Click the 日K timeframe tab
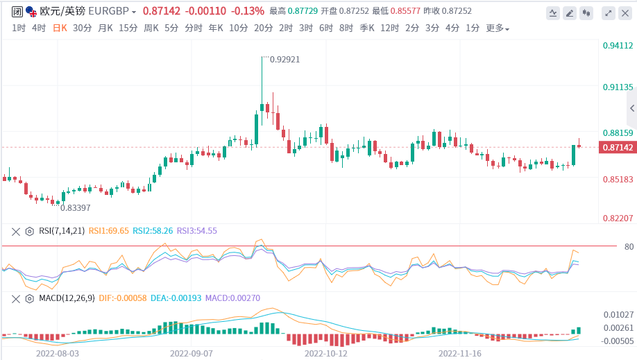tap(60, 28)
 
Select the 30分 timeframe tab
tap(82, 28)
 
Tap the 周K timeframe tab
tap(151, 28)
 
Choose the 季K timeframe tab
tap(366, 28)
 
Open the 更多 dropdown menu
tap(497, 28)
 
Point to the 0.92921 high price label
tap(284, 60)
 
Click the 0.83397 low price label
tap(76, 207)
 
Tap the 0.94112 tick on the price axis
tap(617, 46)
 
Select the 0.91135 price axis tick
tap(617, 87)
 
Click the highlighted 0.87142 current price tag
tap(617, 147)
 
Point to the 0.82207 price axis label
tap(617, 218)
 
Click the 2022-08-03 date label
tap(58, 352)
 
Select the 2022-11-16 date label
tap(460, 352)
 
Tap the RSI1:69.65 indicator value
tap(108, 231)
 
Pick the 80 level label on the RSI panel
tap(610, 246)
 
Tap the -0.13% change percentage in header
tap(248, 11)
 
